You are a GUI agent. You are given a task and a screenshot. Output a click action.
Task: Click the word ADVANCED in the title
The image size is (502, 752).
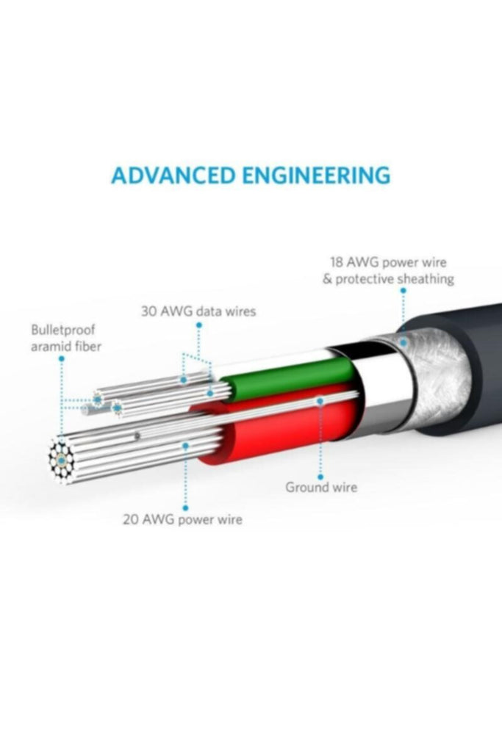pyautogui.click(x=173, y=176)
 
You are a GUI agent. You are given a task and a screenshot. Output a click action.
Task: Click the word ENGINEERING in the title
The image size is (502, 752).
pyautogui.click(x=316, y=176)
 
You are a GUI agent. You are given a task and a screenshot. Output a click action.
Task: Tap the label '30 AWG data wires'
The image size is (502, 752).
pyautogui.click(x=198, y=311)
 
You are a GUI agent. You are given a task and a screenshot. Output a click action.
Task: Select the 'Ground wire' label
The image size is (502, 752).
pyautogui.click(x=321, y=488)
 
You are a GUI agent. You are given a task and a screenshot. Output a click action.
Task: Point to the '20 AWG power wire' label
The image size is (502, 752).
pyautogui.click(x=182, y=519)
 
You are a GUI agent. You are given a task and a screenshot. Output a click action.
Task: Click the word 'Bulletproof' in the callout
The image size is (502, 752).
pyautogui.click(x=63, y=330)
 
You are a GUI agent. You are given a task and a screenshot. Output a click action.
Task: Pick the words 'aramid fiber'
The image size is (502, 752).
pyautogui.click(x=66, y=347)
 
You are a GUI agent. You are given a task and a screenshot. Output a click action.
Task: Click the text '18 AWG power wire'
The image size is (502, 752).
pyautogui.click(x=388, y=262)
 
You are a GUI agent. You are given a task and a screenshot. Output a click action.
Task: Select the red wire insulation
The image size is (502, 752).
pyautogui.click(x=283, y=427)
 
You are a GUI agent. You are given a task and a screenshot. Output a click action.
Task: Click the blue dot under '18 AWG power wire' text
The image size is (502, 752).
pyautogui.click(x=403, y=291)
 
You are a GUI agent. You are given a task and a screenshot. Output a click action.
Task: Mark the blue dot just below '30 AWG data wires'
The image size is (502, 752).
pyautogui.click(x=199, y=325)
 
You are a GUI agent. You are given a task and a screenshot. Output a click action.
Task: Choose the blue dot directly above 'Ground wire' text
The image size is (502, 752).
pyautogui.click(x=320, y=476)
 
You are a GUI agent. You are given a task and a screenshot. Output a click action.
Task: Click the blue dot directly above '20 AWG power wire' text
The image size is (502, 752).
pyautogui.click(x=186, y=507)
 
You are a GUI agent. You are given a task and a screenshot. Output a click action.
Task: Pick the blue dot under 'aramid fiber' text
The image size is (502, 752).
pyautogui.click(x=62, y=358)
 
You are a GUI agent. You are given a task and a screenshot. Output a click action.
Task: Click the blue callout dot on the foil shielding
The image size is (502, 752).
pyautogui.click(x=404, y=343)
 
